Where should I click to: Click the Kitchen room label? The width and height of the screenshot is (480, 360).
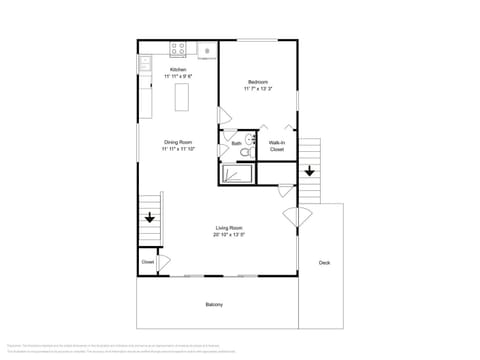point(178,69)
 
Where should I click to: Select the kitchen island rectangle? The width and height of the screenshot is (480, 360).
point(183,97)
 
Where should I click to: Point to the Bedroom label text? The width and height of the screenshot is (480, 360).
point(258,81)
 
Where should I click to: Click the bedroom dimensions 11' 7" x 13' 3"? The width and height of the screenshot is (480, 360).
point(258,88)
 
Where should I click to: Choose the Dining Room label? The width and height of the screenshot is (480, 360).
point(178,142)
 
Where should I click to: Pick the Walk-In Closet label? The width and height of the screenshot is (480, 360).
point(277,146)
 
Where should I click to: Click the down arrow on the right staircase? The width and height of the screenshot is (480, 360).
point(309,170)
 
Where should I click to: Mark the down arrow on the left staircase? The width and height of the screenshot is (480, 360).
point(150,217)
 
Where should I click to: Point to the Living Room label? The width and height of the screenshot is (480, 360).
point(229,229)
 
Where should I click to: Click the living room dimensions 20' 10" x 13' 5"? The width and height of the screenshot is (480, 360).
point(229,236)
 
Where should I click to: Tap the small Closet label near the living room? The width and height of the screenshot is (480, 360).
point(147,262)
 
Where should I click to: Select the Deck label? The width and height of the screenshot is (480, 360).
point(324,263)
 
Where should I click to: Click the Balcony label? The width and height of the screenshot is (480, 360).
point(214,304)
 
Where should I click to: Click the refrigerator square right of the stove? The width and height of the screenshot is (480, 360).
point(207,49)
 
